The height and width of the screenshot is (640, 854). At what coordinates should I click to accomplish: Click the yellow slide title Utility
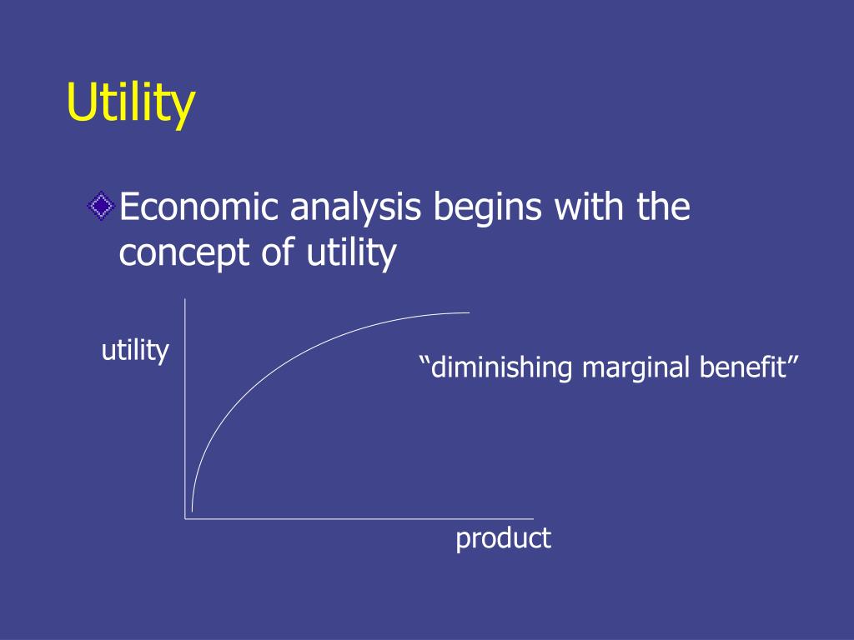pyautogui.click(x=131, y=103)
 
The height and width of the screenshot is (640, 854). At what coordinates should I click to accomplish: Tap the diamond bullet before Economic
pyautogui.click(x=101, y=207)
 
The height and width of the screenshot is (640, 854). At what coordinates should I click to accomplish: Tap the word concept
pyautogui.click(x=184, y=253)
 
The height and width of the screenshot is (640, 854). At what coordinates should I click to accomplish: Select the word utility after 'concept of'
pyautogui.click(x=351, y=253)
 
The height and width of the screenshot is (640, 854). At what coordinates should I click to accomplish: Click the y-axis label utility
pyautogui.click(x=135, y=351)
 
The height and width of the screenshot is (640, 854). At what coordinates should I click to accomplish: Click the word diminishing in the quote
pyautogui.click(x=501, y=367)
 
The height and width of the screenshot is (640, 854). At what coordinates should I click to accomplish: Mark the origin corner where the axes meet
pyautogui.click(x=185, y=519)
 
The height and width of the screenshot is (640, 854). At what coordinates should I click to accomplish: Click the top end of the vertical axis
pyautogui.click(x=185, y=298)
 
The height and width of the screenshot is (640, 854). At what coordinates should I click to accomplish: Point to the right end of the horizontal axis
pyautogui.click(x=533, y=519)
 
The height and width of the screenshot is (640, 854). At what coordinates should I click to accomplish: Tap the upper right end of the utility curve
pyautogui.click(x=470, y=312)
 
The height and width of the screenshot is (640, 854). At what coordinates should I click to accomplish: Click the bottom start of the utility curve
pyautogui.click(x=193, y=511)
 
